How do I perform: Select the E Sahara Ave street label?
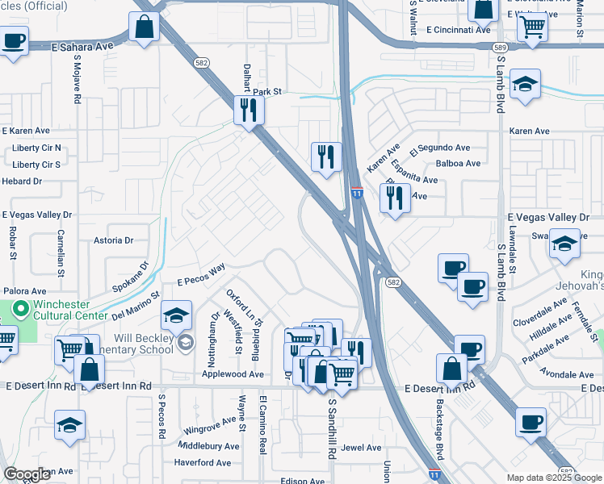pyautogui.click(x=83, y=47)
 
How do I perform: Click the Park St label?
pyautogui.click(x=266, y=92)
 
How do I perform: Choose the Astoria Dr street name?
pyautogui.click(x=113, y=240)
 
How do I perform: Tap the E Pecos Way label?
pyautogui.click(x=201, y=275)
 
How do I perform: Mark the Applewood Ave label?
pyautogui.click(x=233, y=374)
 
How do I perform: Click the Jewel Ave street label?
pyautogui.click(x=361, y=448)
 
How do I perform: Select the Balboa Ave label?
pyautogui.click(x=458, y=164)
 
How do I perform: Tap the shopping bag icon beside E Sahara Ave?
pyautogui.click(x=144, y=27)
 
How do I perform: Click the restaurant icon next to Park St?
pyautogui.click(x=248, y=111)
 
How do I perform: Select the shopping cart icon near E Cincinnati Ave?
pyautogui.click(x=533, y=27)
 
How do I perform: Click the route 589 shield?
pyautogui.click(x=501, y=48)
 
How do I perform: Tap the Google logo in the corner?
pyautogui.click(x=27, y=474)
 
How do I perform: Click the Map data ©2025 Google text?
pyautogui.click(x=552, y=478)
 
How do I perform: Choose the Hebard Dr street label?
pyautogui.click(x=22, y=181)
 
